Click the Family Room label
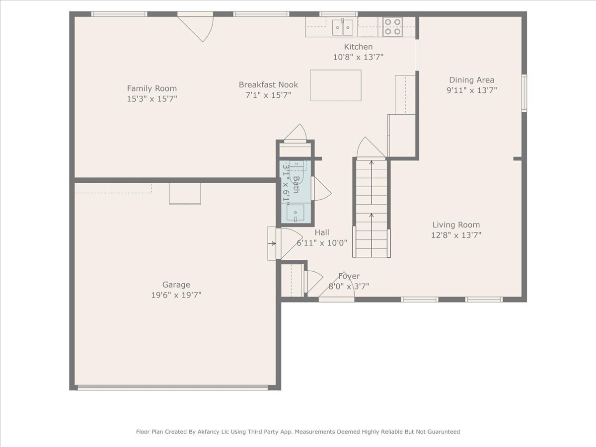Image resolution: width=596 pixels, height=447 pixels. [151, 88]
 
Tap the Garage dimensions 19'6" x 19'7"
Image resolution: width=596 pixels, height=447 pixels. [176, 295]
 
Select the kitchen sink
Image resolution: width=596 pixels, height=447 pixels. [343, 27]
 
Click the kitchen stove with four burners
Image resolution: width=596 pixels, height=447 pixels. [392, 27]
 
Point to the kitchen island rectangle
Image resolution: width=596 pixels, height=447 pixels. [335, 85]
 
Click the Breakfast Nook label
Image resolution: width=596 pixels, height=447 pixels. [268, 84]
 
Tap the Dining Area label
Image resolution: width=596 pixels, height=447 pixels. [471, 80]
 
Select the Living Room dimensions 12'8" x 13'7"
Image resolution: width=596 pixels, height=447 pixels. [456, 235]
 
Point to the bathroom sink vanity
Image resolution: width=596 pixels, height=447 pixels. [296, 213]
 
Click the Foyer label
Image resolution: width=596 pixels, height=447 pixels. [349, 276]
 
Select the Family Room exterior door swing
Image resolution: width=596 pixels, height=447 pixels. [199, 27]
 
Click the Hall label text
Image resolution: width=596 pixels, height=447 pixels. [321, 232]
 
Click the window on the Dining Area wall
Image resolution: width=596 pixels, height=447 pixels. [523, 93]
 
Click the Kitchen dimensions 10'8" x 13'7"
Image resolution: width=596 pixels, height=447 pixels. [358, 57]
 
